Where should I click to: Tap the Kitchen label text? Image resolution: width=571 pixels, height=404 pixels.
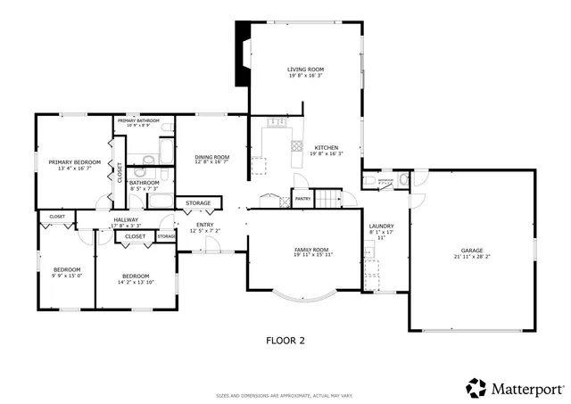327,147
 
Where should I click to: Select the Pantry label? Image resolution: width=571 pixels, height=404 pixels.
302,199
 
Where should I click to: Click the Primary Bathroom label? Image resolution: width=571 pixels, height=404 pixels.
138,120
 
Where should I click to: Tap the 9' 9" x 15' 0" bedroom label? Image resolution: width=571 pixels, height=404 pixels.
67,272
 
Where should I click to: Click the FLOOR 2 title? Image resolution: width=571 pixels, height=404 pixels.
285,340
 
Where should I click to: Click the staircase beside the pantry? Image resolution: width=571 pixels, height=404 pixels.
331,197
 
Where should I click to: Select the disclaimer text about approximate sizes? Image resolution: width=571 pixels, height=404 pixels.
285,395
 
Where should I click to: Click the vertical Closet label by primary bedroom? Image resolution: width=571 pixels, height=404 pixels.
120,172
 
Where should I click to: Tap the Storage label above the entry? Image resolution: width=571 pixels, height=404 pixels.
198,203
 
